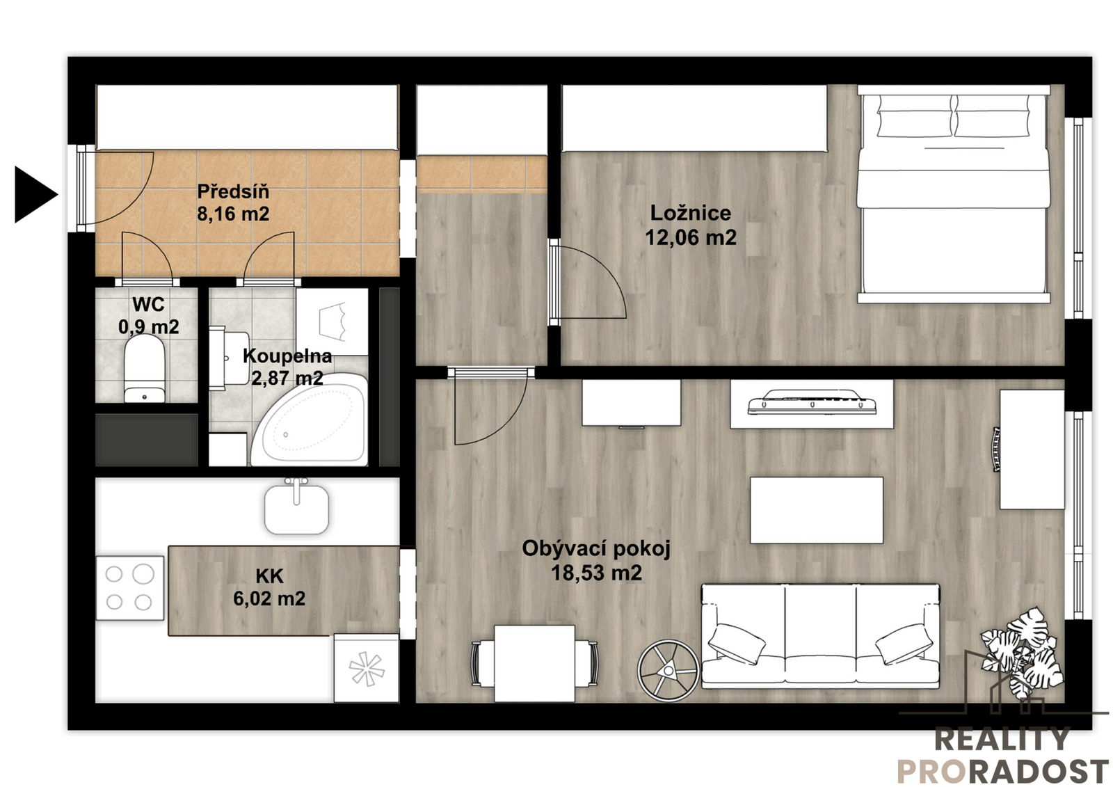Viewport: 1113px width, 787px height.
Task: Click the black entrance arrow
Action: [x=35, y=194]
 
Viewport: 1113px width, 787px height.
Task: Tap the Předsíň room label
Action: [x=233, y=191]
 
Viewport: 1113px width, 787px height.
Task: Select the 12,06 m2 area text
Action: [x=691, y=238]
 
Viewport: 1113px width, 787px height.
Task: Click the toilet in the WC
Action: [x=144, y=368]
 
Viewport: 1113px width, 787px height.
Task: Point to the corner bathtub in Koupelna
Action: [x=309, y=420]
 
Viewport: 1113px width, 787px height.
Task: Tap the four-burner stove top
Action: [x=129, y=587]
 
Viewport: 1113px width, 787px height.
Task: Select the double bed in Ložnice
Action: [x=954, y=194]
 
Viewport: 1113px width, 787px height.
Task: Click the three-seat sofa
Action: [x=820, y=637]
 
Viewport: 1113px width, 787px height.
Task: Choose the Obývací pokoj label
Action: [x=596, y=549]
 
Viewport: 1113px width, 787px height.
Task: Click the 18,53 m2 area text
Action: [x=596, y=573]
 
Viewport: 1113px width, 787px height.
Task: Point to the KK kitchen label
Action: [x=269, y=575]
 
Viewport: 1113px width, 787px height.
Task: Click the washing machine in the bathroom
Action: [x=332, y=321]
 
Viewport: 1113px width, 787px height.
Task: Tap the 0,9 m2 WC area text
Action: [x=149, y=326]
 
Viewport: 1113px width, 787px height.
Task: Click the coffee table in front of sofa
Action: [x=817, y=510]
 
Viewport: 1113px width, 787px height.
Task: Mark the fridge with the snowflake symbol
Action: [x=366, y=668]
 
